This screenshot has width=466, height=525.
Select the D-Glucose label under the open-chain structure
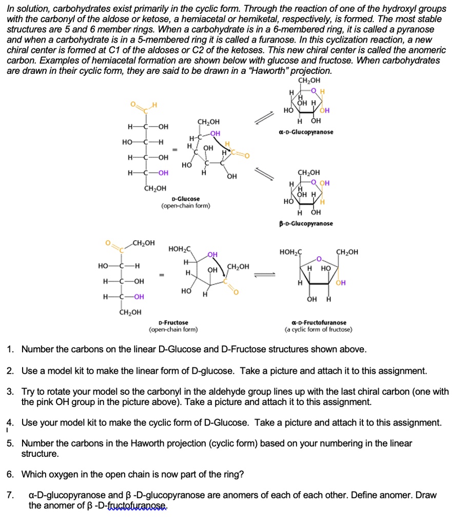coord(186,198)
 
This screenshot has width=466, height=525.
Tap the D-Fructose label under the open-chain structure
coord(173,322)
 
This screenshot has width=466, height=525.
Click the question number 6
coord(10,474)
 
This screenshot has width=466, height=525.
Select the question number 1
coord(10,350)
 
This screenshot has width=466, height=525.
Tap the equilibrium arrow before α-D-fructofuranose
coord(265,274)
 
